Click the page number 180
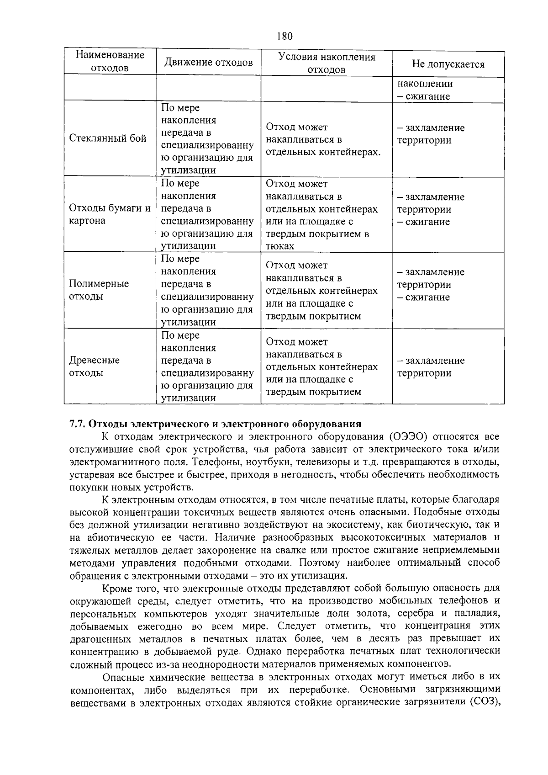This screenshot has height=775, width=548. (x=284, y=36)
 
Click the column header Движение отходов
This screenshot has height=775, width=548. (x=208, y=62)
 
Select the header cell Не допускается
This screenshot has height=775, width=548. (x=448, y=64)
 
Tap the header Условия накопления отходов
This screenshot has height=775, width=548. (x=327, y=63)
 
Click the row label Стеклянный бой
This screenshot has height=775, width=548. (x=108, y=138)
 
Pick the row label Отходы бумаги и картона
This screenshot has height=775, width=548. (x=110, y=214)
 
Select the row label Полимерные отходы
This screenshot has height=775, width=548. (x=99, y=290)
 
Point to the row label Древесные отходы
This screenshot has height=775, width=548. (x=95, y=366)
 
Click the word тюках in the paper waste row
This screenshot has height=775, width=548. (x=279, y=246)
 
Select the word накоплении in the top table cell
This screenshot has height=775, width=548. (x=425, y=84)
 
